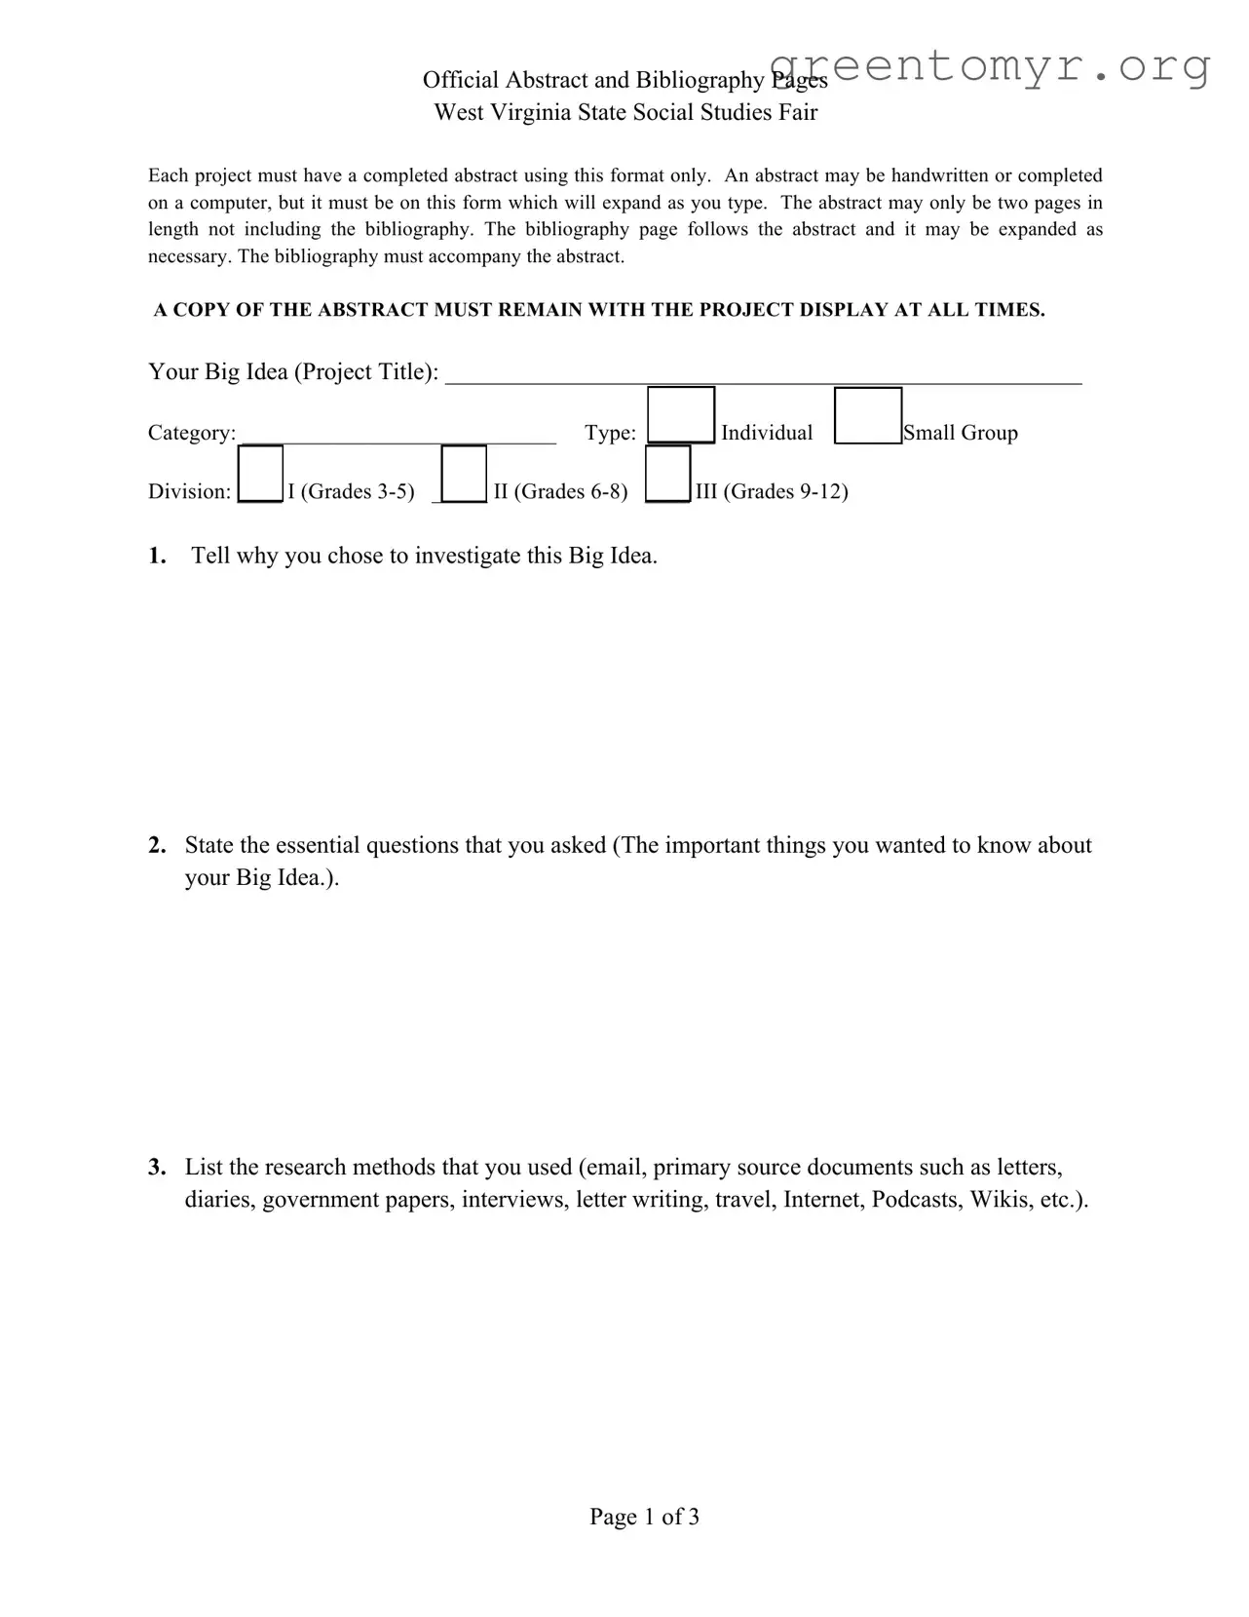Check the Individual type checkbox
680,415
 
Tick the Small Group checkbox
867,416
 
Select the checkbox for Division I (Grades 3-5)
260,474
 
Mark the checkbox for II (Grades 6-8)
464,474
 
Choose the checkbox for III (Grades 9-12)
667,474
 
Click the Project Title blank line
763,374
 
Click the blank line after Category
397,434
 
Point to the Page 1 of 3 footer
644,1517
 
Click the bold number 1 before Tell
156,556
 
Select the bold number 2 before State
157,845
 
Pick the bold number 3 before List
157,1167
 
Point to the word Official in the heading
461,80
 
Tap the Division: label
189,491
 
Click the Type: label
610,433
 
